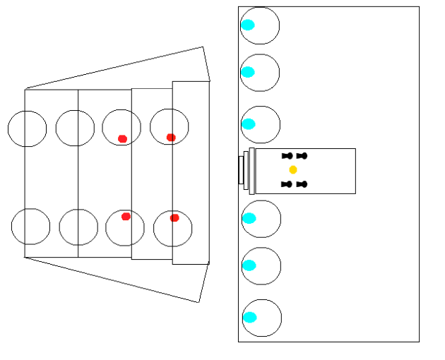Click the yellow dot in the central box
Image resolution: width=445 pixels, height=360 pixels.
(293, 170)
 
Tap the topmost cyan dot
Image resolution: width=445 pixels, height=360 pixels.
(248, 25)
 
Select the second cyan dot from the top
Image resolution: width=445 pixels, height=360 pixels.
(248, 72)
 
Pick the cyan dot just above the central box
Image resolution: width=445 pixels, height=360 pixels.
(249, 124)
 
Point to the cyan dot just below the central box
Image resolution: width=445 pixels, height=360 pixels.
(249, 218)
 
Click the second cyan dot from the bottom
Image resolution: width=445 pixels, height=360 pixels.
(249, 265)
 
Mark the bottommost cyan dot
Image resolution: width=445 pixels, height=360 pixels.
(250, 317)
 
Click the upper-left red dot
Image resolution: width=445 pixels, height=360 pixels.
(122, 138)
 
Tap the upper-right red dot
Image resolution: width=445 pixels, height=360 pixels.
(171, 137)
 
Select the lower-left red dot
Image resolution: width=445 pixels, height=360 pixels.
(126, 217)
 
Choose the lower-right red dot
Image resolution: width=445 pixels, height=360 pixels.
(174, 217)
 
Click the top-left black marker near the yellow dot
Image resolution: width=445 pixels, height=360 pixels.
(286, 155)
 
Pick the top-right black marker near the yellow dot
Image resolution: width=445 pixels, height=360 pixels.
(302, 155)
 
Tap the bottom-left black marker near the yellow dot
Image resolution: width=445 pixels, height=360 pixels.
(286, 184)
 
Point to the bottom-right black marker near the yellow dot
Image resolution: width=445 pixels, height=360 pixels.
(302, 184)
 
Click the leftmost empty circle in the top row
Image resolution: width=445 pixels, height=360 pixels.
(27, 128)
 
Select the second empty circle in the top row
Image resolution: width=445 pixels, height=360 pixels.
(75, 128)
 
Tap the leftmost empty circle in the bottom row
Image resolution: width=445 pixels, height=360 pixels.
(30, 226)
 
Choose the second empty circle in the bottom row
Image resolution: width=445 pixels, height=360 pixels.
(78, 227)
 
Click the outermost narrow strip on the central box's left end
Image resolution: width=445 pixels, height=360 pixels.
(240, 170)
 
